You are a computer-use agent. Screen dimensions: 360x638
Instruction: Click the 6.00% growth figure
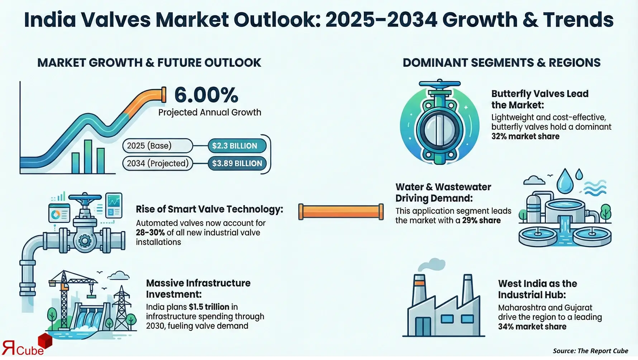coord(206,95)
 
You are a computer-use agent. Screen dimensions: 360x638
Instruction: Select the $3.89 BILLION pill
coord(237,164)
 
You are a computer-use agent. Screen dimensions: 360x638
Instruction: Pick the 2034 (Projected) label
coord(158,164)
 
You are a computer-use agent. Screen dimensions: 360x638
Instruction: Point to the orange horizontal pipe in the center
coord(341,212)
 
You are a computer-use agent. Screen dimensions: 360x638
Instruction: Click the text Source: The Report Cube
coord(590,351)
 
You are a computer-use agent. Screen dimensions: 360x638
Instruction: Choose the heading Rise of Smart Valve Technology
coord(209,209)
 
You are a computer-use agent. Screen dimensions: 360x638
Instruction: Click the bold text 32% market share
coord(525,137)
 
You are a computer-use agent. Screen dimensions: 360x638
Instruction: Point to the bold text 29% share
coord(481,221)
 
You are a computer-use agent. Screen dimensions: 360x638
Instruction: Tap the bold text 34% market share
coord(532,327)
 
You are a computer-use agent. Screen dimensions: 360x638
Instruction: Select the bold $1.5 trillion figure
coord(209,307)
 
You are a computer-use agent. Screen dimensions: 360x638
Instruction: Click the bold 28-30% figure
coord(150,233)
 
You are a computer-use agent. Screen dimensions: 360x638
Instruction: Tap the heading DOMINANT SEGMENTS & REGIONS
coord(501,63)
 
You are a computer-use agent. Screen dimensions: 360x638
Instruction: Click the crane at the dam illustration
coord(66,287)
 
